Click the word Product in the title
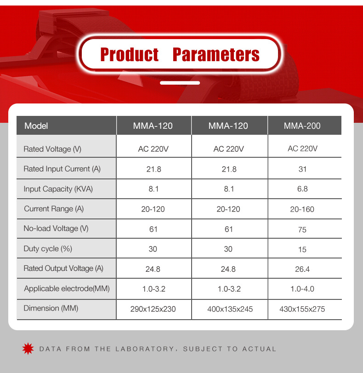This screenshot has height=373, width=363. [x=129, y=54]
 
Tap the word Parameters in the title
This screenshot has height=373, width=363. [x=216, y=54]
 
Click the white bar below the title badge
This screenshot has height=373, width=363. [x=180, y=83]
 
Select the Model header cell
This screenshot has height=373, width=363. [x=66, y=126]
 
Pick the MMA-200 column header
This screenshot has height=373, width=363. [x=304, y=126]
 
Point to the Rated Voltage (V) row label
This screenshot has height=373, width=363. [x=52, y=149]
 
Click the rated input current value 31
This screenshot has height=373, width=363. [x=302, y=169]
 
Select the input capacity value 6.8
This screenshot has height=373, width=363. [x=302, y=189]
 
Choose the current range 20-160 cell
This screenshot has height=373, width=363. [x=302, y=209]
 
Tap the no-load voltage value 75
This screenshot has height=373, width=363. [x=302, y=230]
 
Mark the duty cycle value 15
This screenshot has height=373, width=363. [x=302, y=250]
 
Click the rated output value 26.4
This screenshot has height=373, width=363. [x=302, y=269]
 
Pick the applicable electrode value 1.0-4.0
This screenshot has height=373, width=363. [x=302, y=289]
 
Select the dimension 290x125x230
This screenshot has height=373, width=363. [x=153, y=309]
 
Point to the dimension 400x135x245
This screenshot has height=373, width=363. [x=230, y=309]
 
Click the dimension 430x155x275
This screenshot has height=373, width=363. [x=302, y=309]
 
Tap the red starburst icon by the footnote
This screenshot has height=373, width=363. [x=28, y=349]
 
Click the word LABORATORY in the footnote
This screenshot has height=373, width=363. [x=145, y=349]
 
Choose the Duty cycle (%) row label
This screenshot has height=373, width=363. [x=48, y=249]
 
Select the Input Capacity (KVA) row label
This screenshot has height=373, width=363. [x=58, y=189]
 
